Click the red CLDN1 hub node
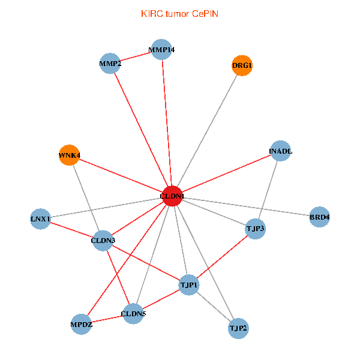coord(172,196)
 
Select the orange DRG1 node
coord(242,65)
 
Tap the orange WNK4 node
coord(69,155)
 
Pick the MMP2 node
coord(110,64)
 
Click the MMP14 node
coord(161,49)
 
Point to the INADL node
coord(280,151)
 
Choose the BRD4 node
coord(319,217)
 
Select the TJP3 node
coord(256,229)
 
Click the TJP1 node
coord(189,284)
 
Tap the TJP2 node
coord(238,328)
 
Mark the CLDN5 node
coord(133,313)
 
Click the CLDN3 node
coord(103,241)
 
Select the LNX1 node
coord(40,218)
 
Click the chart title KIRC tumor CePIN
coord(179,13)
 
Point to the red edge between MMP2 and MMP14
coord(136,56)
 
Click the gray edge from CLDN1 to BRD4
coord(246,206)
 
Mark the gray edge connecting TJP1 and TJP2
coord(214,306)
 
